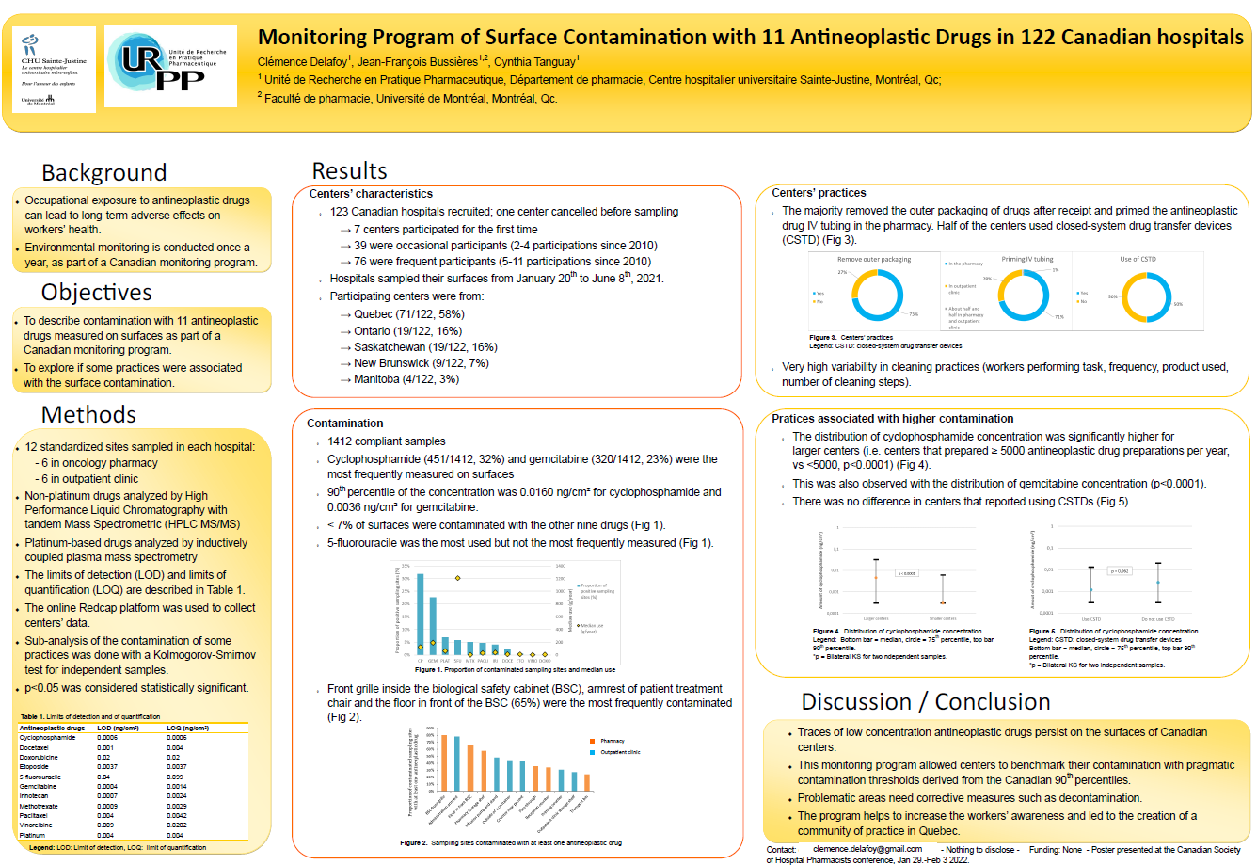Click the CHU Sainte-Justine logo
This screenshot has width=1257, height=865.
(54, 68)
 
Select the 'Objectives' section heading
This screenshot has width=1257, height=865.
(97, 293)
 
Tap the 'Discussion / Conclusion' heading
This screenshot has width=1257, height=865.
(925, 702)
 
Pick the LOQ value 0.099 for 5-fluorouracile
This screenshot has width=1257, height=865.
(175, 777)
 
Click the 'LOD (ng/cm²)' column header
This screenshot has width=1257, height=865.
(119, 728)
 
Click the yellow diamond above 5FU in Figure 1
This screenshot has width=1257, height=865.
(458, 578)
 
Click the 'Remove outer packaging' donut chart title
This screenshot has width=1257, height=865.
(874, 260)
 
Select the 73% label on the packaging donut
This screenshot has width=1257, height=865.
(914, 314)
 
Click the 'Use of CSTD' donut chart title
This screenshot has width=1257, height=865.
(1138, 259)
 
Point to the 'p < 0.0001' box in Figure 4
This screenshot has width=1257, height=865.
(906, 573)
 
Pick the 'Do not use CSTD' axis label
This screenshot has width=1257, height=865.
(1157, 619)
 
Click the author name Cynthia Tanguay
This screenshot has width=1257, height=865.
(535, 62)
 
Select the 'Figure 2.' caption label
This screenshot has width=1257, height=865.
(413, 843)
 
